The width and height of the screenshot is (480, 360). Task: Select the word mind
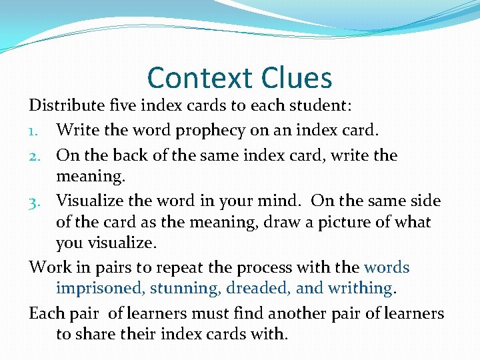click(x=282, y=200)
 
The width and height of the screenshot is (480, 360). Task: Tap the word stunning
click(x=182, y=288)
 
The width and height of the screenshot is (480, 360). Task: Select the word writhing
click(x=365, y=288)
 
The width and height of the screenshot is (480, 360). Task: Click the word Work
click(x=50, y=267)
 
